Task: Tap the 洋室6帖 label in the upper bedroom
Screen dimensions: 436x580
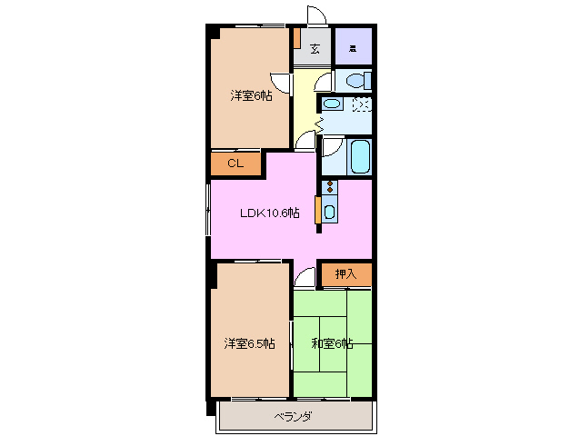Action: [x=250, y=96]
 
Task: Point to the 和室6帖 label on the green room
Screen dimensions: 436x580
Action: [x=332, y=342]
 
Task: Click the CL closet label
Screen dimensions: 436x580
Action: [x=235, y=164]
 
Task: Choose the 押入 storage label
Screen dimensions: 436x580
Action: [x=345, y=273]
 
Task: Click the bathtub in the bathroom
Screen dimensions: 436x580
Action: [x=360, y=156]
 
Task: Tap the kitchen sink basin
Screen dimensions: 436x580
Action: [x=329, y=213]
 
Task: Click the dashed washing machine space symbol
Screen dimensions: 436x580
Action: [x=361, y=105]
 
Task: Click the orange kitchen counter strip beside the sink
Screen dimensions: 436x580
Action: [x=316, y=210]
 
